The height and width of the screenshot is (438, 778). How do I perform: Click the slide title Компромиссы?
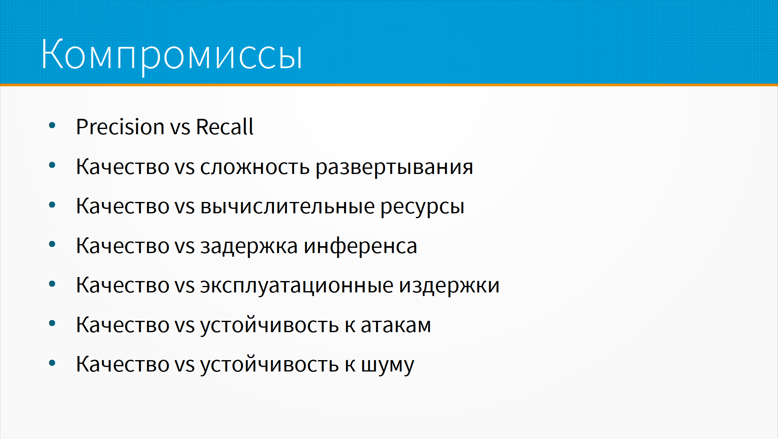click(x=172, y=55)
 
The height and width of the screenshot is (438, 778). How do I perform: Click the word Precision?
click(x=120, y=127)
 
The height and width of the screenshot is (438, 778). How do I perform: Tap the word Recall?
click(x=224, y=127)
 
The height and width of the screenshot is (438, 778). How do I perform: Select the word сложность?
click(x=255, y=167)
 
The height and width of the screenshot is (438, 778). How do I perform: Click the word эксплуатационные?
click(x=297, y=286)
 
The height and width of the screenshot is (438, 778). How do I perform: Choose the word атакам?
click(x=395, y=325)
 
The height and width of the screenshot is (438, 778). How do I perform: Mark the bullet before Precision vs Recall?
click(x=52, y=126)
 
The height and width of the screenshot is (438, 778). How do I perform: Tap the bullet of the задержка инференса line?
click(x=52, y=245)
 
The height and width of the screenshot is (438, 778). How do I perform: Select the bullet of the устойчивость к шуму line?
click(x=52, y=363)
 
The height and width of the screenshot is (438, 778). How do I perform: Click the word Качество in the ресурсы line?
click(x=122, y=206)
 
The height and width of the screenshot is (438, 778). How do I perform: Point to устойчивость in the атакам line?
click(x=269, y=325)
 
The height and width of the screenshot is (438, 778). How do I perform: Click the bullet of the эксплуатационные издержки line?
click(x=52, y=284)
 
